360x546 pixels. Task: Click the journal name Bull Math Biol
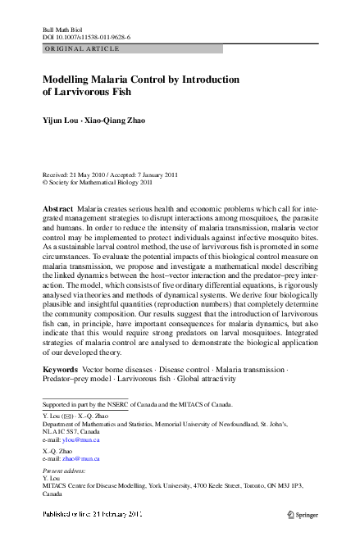[62, 30]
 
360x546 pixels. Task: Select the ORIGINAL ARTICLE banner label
[81, 49]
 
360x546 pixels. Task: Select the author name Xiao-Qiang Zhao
[118, 121]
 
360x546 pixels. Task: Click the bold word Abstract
[57, 211]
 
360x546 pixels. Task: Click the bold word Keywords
[60, 371]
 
